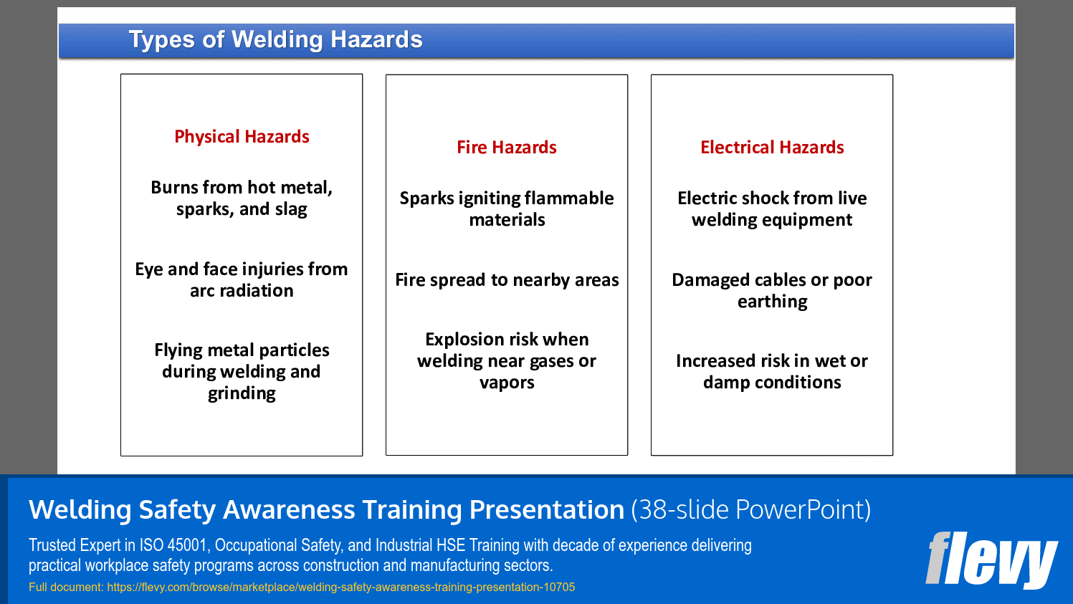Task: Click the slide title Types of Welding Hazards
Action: tap(275, 39)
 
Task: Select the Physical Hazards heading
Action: tap(242, 137)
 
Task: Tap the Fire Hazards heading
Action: tap(507, 148)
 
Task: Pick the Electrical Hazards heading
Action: tap(772, 148)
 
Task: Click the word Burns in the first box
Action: tap(174, 188)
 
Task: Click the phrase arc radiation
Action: tap(242, 291)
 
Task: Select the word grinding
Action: tap(242, 393)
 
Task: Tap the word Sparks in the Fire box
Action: tap(426, 198)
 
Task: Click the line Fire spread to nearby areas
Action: tap(507, 280)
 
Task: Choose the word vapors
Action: tap(507, 383)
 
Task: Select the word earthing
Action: tap(772, 302)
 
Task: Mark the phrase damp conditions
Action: tap(772, 383)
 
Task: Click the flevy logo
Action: tap(991, 560)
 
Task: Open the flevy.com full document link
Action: tap(340, 588)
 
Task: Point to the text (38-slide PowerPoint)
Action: tap(750, 510)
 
